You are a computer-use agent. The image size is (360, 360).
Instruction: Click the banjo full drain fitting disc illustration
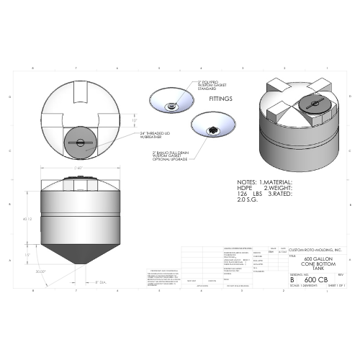pyautogui.click(x=214, y=127)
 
